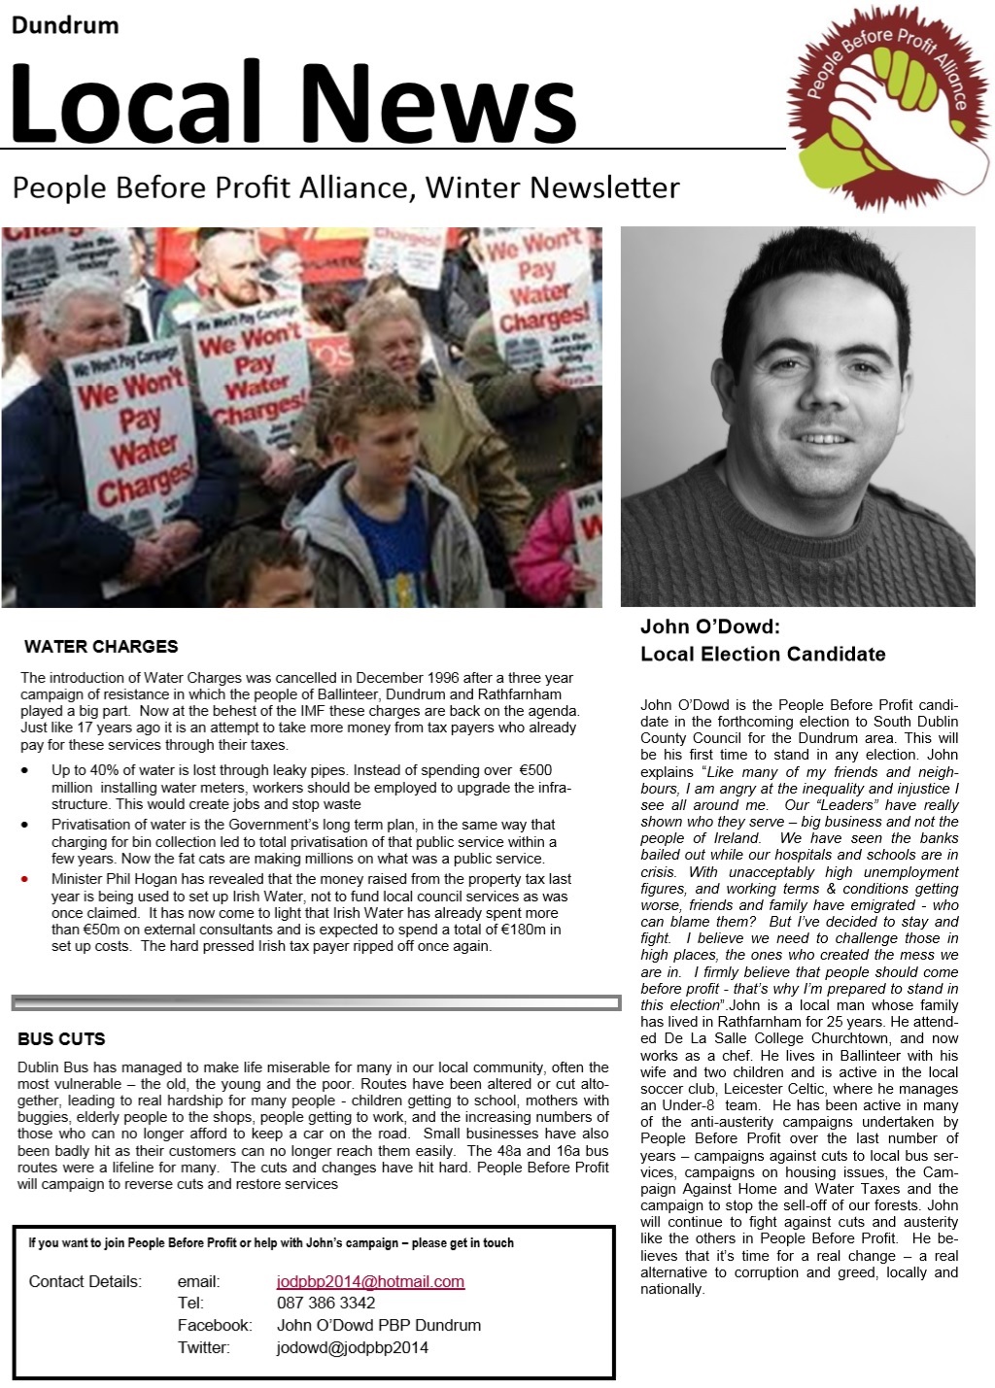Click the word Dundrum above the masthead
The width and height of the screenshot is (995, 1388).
[64, 25]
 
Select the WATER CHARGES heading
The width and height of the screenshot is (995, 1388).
[101, 647]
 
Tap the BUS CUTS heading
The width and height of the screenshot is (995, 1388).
[61, 1039]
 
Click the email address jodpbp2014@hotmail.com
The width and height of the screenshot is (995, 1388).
[370, 1281]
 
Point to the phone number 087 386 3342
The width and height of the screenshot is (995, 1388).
[326, 1303]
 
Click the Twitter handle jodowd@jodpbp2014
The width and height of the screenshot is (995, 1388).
[352, 1347]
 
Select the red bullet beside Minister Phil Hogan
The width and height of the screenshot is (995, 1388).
[25, 878]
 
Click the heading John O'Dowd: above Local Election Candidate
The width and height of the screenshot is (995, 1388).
[710, 627]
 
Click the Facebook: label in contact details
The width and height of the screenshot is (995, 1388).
[215, 1325]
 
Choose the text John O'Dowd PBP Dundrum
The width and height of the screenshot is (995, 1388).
[378, 1325]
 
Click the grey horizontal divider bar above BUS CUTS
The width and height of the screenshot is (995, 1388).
[316, 1002]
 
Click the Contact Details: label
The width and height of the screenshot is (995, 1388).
[86, 1281]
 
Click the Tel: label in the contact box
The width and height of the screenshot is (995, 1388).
[190, 1303]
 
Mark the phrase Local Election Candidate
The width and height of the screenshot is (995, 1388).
[763, 654]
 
